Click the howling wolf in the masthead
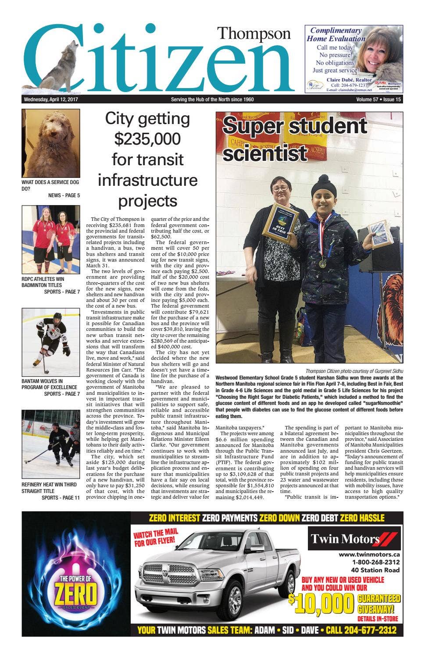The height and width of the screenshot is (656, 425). [59, 66]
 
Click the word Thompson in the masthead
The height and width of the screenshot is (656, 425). [254, 34]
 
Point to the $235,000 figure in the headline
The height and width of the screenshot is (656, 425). [147, 138]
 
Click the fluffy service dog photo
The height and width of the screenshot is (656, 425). [51, 143]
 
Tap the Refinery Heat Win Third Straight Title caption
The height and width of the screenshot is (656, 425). [49, 487]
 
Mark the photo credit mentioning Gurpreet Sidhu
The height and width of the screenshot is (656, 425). [354, 371]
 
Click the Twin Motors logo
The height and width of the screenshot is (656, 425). [354, 539]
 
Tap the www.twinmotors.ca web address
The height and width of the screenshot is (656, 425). [368, 554]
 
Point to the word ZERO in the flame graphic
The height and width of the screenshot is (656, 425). [75, 595]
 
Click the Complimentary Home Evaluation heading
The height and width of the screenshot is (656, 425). [336, 34]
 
